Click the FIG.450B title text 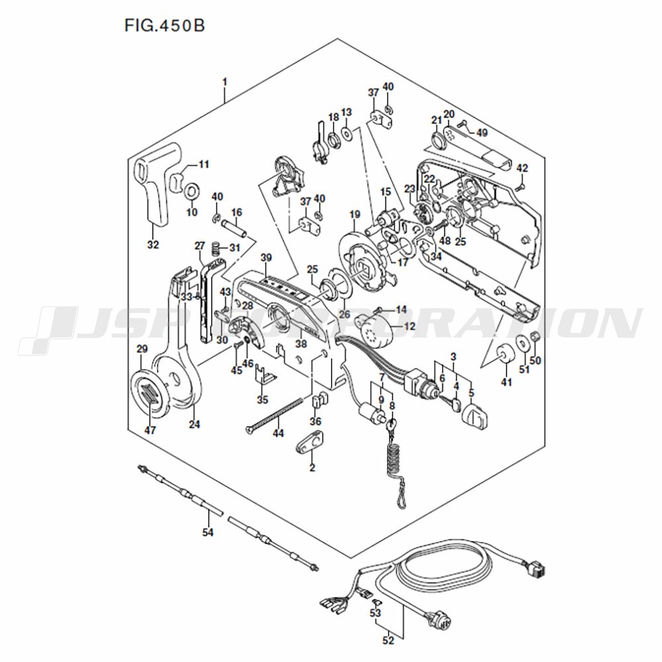(x=165, y=26)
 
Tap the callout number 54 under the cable (x=208, y=532)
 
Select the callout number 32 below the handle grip (x=153, y=244)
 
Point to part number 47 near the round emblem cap (x=150, y=430)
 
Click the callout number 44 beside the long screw (x=278, y=433)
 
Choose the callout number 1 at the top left (x=224, y=81)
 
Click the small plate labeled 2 (x=309, y=443)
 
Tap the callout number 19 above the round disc (x=355, y=214)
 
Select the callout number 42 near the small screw (x=522, y=168)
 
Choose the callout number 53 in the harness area (x=375, y=612)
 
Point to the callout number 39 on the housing (x=266, y=258)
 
